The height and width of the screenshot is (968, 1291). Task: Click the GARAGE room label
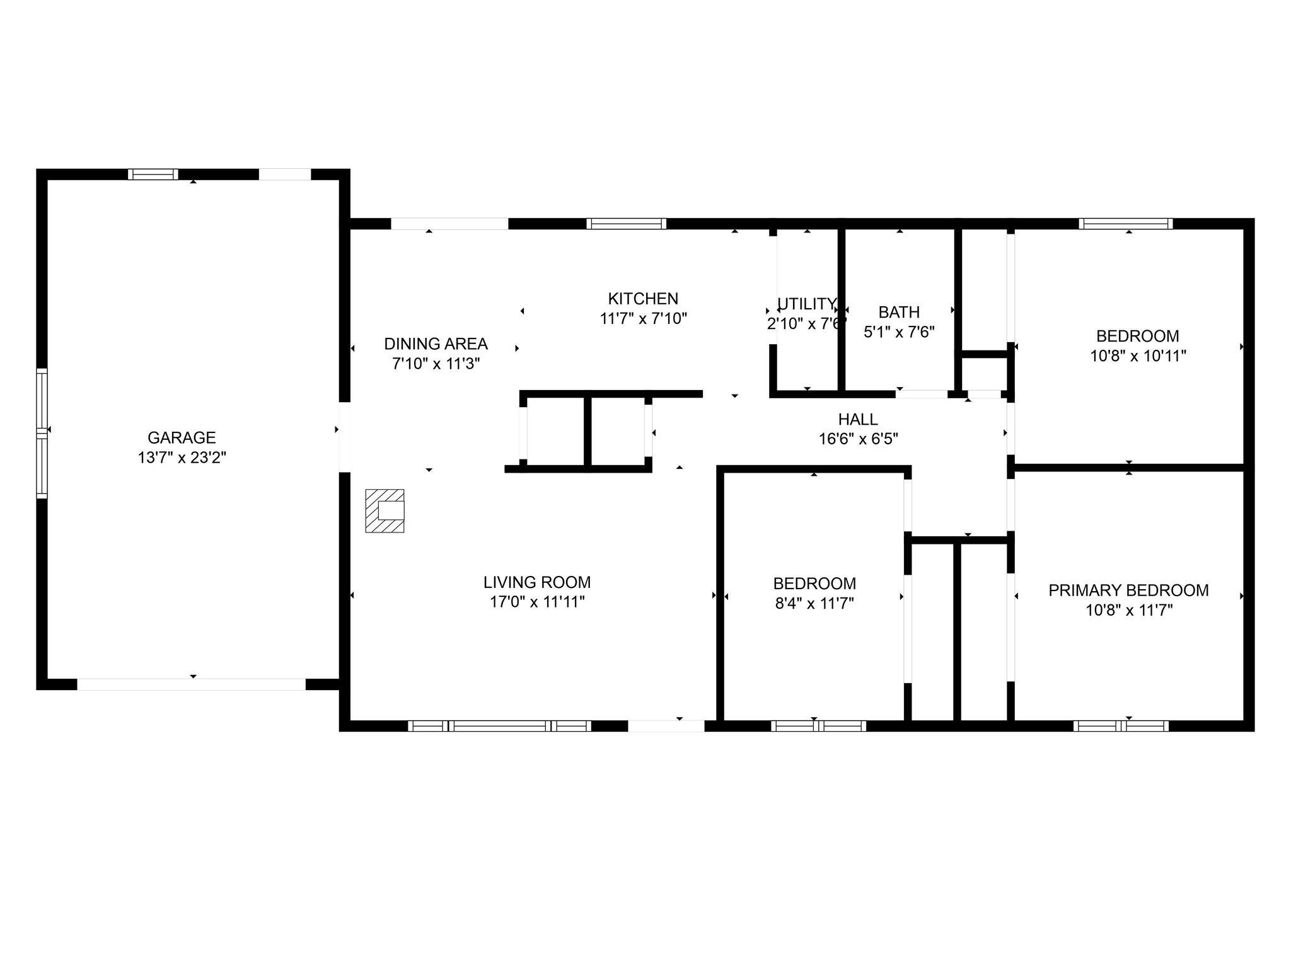pos(182,437)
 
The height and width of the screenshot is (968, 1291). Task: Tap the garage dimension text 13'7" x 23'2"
pos(182,458)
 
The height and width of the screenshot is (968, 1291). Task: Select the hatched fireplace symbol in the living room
pos(385,510)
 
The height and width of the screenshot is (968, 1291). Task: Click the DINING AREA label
pos(436,344)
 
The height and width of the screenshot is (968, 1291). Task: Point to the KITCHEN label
pos(643,299)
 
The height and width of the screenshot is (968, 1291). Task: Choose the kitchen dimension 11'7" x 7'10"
pos(643,319)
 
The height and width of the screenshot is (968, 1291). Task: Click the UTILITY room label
pos(806,304)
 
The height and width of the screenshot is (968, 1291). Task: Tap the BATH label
pos(899,312)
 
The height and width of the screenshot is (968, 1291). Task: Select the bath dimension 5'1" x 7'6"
pos(899,332)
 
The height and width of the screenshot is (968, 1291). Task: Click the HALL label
pos(858,419)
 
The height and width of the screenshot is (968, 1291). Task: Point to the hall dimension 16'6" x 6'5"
pos(858,439)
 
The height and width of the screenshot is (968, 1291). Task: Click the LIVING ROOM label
pos(537,582)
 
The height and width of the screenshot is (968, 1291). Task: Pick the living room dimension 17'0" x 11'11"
pos(537,602)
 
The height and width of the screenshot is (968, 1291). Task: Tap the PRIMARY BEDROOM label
pos(1128,591)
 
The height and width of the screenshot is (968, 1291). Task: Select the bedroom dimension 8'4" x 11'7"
pos(814,604)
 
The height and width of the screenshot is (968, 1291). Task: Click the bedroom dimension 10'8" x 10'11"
pos(1138,356)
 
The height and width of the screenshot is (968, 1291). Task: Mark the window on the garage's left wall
pos(42,433)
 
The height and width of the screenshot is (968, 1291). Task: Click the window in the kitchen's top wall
pos(626,224)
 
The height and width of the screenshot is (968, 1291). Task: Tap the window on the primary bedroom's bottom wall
pos(1121,726)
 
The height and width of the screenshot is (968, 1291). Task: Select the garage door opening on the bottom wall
pos(191,684)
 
